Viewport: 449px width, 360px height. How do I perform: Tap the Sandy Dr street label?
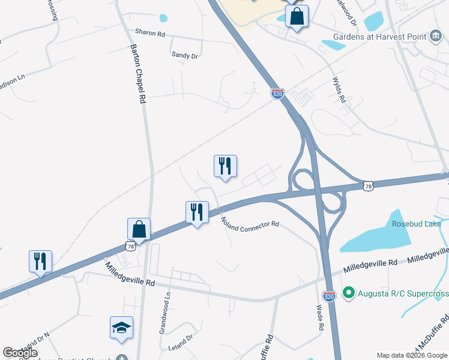[x=185, y=55]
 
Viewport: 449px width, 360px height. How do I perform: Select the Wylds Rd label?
[x=339, y=91]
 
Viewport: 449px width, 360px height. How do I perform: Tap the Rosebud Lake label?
[x=416, y=224]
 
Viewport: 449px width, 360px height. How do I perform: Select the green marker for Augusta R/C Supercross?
[x=348, y=293]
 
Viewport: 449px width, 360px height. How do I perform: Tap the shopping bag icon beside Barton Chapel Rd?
[x=139, y=229]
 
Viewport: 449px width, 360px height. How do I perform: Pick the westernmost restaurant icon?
[x=40, y=261]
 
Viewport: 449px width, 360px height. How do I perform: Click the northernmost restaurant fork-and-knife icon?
[x=225, y=166]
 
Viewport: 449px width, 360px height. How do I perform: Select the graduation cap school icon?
[x=121, y=328]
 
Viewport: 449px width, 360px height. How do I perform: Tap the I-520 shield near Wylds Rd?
[x=277, y=94]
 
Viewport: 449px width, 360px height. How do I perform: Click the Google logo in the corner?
[x=20, y=353]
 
